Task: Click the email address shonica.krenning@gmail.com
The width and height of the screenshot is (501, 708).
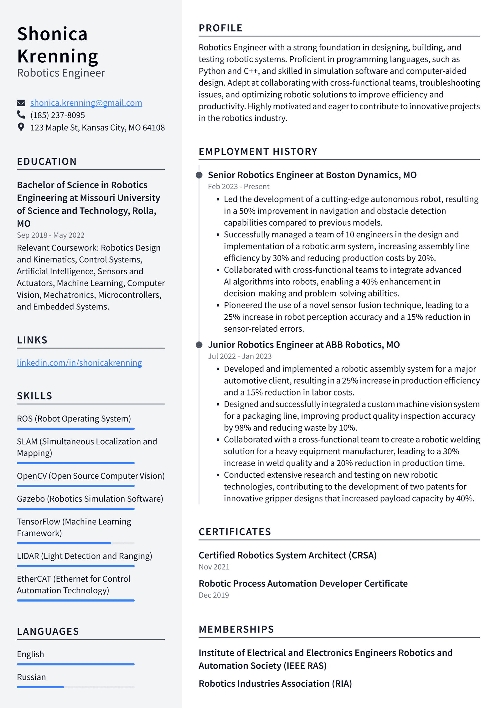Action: click(x=86, y=103)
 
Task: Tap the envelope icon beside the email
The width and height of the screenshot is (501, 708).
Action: click(x=21, y=103)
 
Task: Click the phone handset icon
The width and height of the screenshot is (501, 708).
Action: click(x=21, y=115)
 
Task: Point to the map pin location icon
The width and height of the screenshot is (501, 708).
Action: click(x=21, y=127)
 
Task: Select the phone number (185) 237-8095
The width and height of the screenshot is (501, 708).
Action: click(x=58, y=115)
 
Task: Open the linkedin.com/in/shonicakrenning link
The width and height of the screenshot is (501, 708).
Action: click(x=79, y=363)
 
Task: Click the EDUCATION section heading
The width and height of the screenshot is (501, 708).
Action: click(x=47, y=161)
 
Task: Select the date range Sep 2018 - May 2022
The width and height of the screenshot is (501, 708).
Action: click(x=50, y=235)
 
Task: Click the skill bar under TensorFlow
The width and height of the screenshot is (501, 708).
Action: click(x=75, y=543)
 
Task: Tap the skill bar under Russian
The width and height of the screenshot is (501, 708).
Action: click(x=75, y=687)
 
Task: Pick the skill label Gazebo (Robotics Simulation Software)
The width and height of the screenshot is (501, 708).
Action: click(x=90, y=499)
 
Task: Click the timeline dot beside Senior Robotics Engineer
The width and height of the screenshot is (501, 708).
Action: click(x=199, y=175)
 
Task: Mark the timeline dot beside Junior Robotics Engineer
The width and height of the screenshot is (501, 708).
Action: click(x=199, y=345)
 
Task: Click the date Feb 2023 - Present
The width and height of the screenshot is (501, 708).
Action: click(x=239, y=187)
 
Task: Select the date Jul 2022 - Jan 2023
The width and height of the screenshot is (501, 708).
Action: click(x=240, y=356)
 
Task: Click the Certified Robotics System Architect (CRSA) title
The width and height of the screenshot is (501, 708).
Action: click(x=287, y=555)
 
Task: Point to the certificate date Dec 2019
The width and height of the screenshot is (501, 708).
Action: click(x=214, y=595)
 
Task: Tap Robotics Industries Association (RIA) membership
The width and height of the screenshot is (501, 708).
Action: click(x=275, y=684)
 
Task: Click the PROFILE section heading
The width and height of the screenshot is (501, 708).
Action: click(x=220, y=28)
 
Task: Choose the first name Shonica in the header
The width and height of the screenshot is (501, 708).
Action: click(x=52, y=34)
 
